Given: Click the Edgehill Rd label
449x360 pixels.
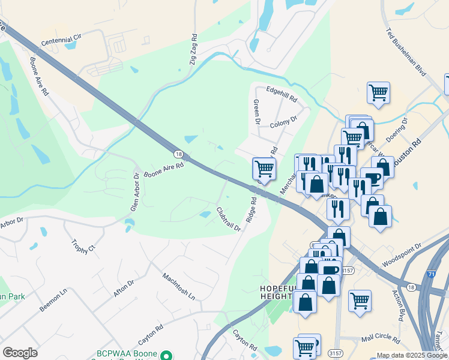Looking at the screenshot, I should tap(282, 94).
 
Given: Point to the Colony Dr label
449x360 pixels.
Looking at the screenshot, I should tap(283, 122).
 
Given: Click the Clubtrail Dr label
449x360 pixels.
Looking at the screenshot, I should tap(228, 220).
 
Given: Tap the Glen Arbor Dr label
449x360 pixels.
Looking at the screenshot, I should tap(135, 191).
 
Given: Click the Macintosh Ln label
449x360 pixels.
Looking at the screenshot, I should tap(179, 286).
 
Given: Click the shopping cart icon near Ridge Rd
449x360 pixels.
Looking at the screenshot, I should tap(264, 167).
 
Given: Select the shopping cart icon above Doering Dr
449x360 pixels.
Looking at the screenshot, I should tap(378, 92).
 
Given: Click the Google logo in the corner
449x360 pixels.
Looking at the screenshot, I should tap(20, 352).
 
